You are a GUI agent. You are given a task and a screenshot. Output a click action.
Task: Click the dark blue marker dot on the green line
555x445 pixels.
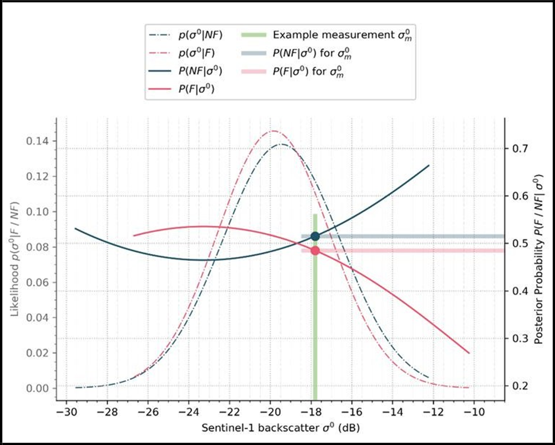[315, 236]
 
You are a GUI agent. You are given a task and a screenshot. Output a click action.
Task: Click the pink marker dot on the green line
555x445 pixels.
[315, 251]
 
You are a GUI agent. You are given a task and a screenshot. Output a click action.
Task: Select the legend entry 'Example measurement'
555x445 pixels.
[328, 35]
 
